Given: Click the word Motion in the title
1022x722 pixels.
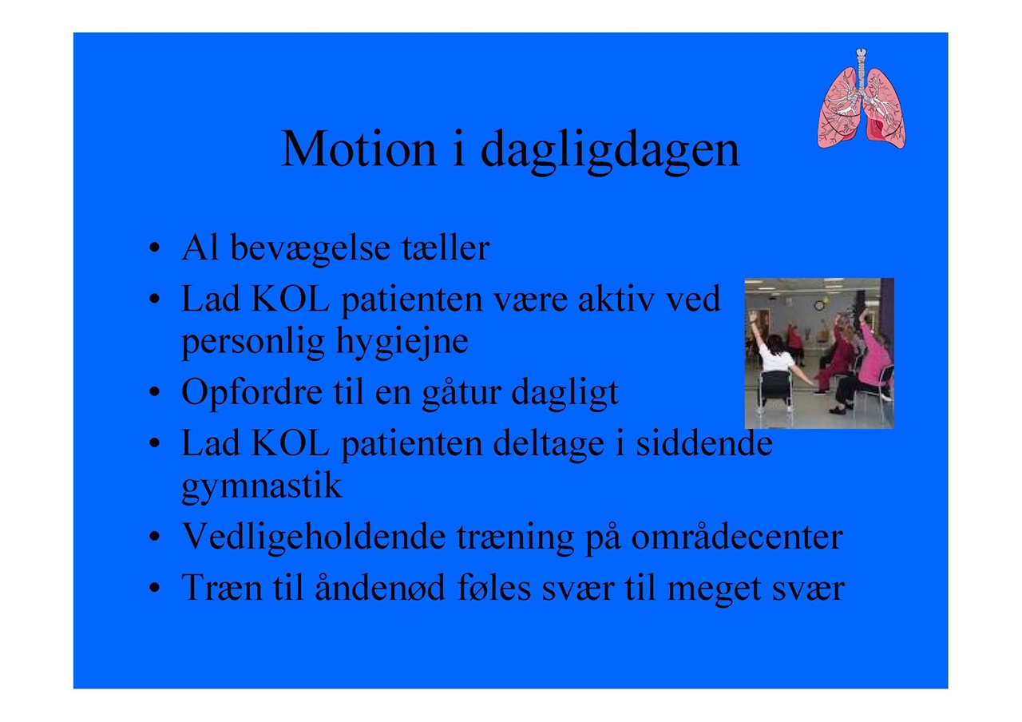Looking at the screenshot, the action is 358,149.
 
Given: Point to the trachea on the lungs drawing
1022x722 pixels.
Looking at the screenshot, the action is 861,69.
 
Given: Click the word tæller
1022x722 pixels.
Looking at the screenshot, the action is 446,248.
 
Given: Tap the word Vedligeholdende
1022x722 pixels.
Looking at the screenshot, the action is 314,537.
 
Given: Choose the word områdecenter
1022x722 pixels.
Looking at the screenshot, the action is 737,537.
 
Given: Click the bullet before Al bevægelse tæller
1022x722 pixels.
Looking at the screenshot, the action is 155,248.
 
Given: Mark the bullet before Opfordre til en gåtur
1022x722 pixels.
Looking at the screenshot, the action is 155,392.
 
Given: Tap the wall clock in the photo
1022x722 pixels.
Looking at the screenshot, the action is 820,305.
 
